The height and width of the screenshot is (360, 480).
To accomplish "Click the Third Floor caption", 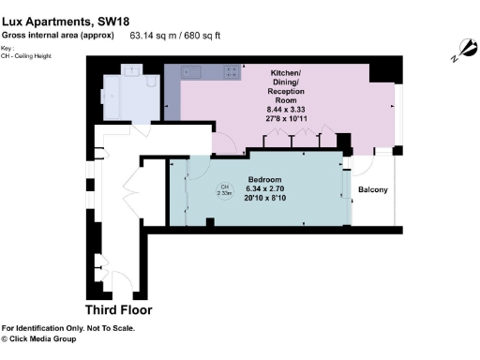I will click(x=118, y=309).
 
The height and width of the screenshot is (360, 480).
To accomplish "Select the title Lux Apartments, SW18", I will click(x=58, y=22).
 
